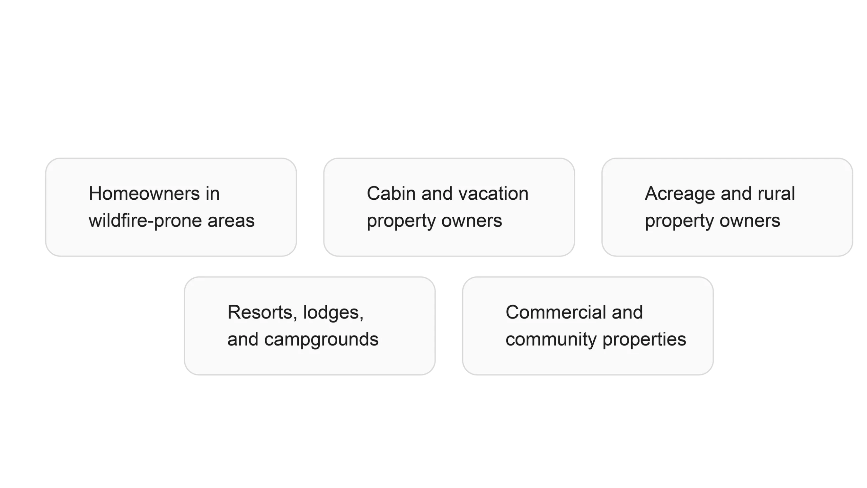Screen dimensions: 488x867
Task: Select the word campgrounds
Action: [321, 340]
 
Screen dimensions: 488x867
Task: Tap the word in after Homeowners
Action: [212, 194]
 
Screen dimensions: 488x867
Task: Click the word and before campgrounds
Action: [242, 339]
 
